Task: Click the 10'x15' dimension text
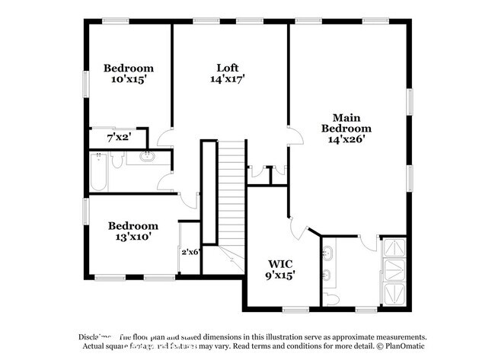[x=129, y=79]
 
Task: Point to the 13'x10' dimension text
[x=133, y=237]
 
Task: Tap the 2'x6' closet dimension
[x=190, y=252]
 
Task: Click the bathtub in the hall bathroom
[x=97, y=172]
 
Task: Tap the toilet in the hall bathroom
[x=117, y=160]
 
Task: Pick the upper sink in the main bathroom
[x=327, y=252]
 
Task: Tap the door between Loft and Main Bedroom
[x=292, y=135]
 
